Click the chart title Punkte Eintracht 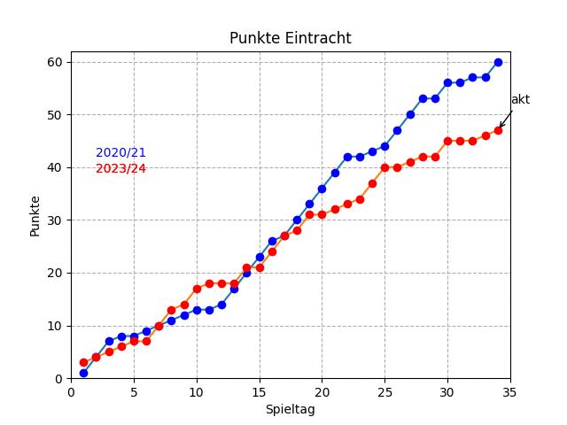[x=290, y=38]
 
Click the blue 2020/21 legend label [x=120, y=153]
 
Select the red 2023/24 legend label [x=120, y=169]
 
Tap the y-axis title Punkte [x=35, y=215]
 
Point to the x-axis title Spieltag [x=290, y=409]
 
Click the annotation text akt [x=520, y=100]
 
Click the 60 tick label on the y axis [x=55, y=62]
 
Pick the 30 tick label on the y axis [x=55, y=220]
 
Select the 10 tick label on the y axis [x=55, y=326]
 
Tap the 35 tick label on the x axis [x=510, y=391]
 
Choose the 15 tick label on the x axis [x=260, y=391]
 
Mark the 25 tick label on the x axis [x=384, y=391]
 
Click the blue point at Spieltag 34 [x=498, y=62]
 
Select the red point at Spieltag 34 [x=498, y=130]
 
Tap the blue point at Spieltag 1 [x=83, y=373]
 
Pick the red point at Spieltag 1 [x=83, y=362]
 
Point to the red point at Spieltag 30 [x=447, y=141]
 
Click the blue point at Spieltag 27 [x=410, y=114]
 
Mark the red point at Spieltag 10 [x=197, y=289]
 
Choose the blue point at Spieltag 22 [x=347, y=157]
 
